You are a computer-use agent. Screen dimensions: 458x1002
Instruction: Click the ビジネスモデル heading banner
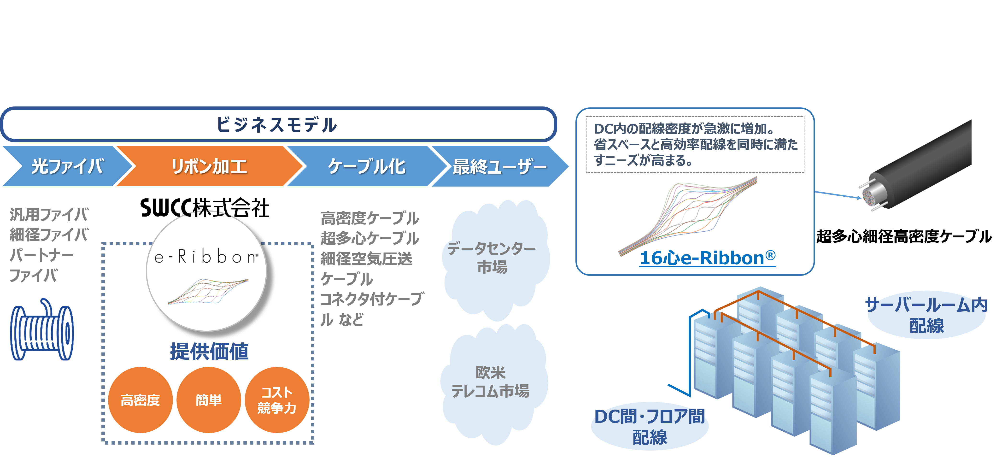pyautogui.click(x=278, y=124)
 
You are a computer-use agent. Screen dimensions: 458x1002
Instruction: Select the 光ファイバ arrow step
pyautogui.click(x=67, y=166)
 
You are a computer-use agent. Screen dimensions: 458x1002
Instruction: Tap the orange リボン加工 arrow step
pyautogui.click(x=209, y=166)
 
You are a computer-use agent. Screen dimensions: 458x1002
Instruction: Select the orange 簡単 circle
pyautogui.click(x=209, y=400)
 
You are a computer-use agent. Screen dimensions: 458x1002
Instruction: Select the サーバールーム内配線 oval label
pyautogui.click(x=926, y=315)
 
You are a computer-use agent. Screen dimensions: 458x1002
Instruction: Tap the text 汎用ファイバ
pyautogui.click(x=49, y=214)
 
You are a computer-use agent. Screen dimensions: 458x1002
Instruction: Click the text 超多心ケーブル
pyautogui.click(x=369, y=238)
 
